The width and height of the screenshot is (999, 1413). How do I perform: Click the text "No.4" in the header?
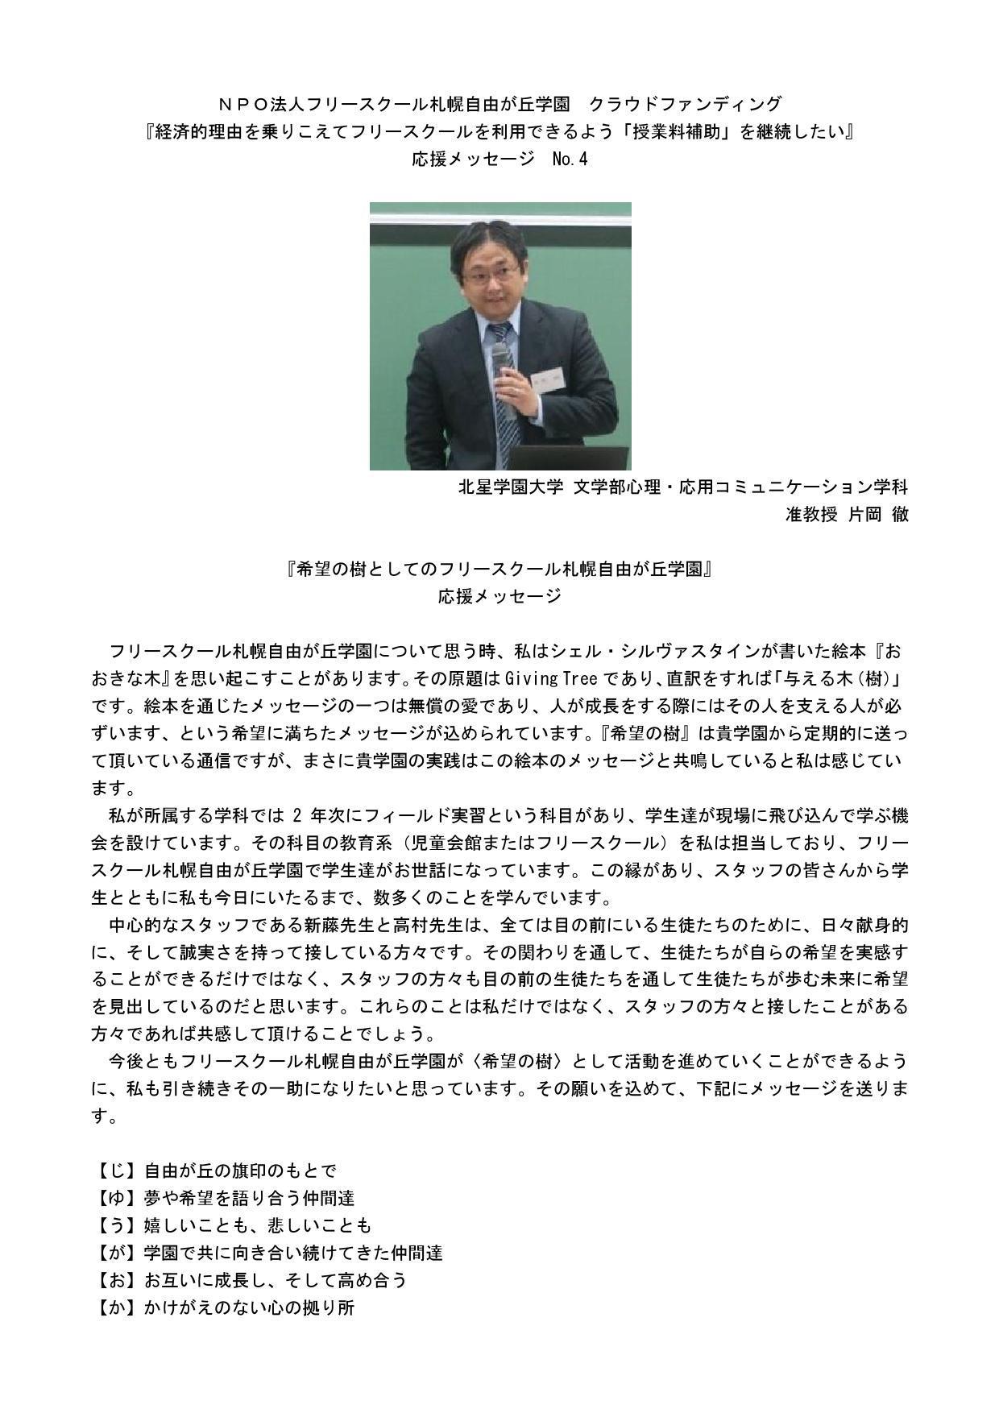pos(570,159)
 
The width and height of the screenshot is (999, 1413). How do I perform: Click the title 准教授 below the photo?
pos(811,514)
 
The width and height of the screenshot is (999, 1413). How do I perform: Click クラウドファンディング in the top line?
pos(686,104)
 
